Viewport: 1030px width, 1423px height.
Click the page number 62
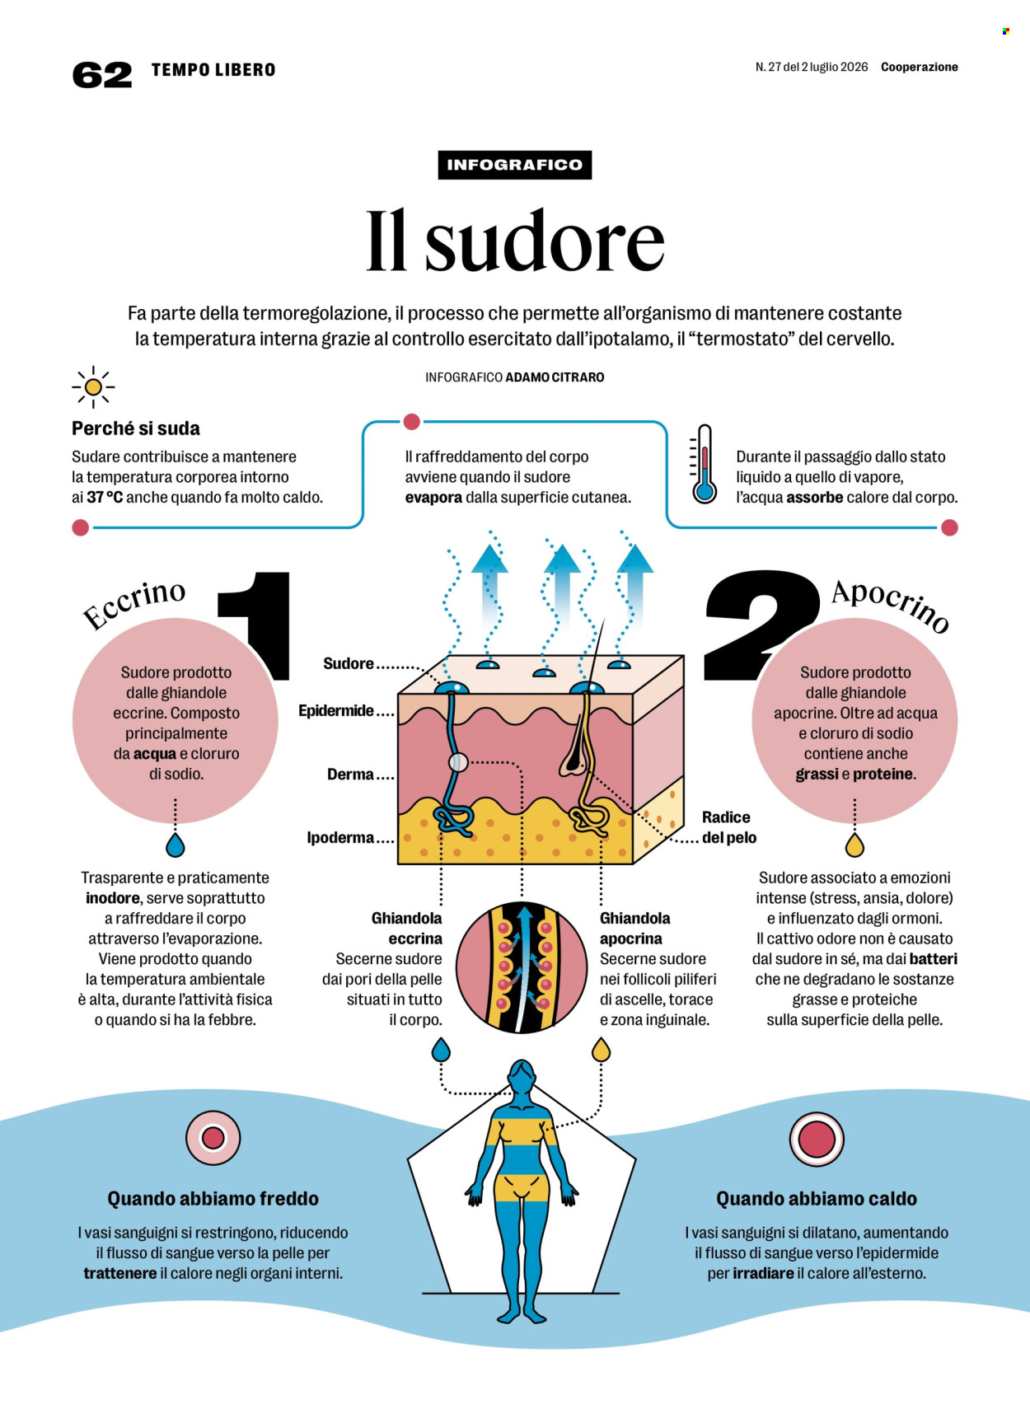pos(102,75)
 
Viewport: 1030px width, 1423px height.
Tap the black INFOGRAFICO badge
pos(515,165)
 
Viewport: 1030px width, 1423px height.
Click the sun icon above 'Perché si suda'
pos(93,387)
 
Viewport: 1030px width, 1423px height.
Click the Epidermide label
pos(336,710)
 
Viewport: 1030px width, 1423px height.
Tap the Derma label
pos(350,775)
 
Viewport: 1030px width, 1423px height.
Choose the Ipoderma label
pos(340,838)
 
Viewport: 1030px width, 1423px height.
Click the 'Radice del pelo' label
pos(729,827)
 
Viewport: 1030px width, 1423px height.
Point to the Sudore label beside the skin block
pos(349,663)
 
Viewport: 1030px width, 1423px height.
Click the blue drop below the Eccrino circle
pos(175,845)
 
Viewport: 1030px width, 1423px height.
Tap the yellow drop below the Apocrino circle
pos(854,845)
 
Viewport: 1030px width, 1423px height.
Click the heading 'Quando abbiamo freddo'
pos(213,1199)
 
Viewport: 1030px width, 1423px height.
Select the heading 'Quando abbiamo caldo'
pos(817,1199)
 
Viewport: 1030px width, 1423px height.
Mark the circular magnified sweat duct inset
pos(522,967)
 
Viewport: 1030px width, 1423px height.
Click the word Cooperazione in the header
pos(920,67)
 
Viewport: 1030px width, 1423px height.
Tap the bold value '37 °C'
pos(105,498)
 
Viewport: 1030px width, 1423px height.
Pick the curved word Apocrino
pos(890,605)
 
